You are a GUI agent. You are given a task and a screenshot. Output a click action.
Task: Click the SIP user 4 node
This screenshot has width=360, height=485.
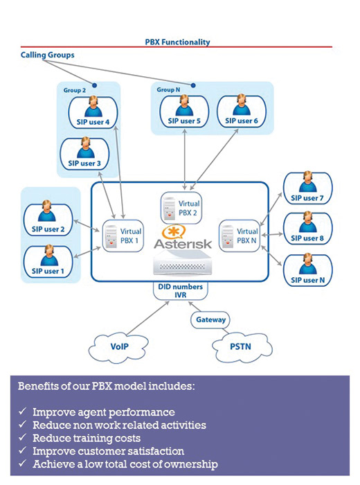pyautogui.click(x=93, y=112)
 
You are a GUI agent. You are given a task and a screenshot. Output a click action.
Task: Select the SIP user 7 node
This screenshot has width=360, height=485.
pyautogui.click(x=308, y=188)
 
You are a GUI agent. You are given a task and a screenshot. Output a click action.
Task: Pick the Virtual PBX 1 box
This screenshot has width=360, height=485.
pyautogui.click(x=123, y=236)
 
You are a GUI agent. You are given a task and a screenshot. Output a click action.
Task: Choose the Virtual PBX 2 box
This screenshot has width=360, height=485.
pyautogui.click(x=181, y=208)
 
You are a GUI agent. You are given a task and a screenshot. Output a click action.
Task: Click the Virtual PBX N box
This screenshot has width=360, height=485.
pyautogui.click(x=240, y=236)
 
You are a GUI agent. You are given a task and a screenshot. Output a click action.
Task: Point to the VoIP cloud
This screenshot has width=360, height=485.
pyautogui.click(x=118, y=347)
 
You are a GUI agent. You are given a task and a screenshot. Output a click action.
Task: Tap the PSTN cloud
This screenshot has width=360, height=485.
pyautogui.click(x=242, y=347)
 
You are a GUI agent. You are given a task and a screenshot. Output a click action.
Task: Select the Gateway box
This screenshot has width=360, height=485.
pyautogui.click(x=210, y=320)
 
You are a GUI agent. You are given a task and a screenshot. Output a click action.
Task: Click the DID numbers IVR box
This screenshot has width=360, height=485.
pyautogui.click(x=181, y=291)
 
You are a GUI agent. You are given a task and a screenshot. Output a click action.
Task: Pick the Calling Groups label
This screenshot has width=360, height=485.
pyautogui.click(x=48, y=55)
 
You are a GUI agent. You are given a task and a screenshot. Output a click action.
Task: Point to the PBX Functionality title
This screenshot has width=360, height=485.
pyautogui.click(x=177, y=42)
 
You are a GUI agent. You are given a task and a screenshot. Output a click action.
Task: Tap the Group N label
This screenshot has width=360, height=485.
pyautogui.click(x=168, y=89)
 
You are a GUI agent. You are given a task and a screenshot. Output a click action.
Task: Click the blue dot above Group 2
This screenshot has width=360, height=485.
pyautogui.click(x=95, y=85)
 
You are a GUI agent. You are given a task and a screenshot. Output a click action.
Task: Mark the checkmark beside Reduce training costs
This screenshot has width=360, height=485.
pyautogui.click(x=22, y=437)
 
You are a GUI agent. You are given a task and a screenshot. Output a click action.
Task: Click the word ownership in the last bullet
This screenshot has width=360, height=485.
pyautogui.click(x=191, y=465)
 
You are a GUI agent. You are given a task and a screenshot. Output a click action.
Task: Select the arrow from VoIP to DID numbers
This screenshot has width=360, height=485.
pyautogui.click(x=148, y=318)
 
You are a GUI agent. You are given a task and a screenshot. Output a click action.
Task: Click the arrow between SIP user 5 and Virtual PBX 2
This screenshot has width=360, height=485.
pyautogui.click(x=184, y=159)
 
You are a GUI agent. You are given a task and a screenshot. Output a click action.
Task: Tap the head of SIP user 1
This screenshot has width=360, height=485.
pyautogui.click(x=49, y=250)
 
